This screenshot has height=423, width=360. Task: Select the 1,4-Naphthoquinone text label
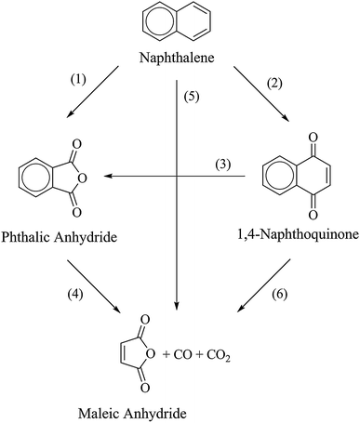click(x=287, y=234)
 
